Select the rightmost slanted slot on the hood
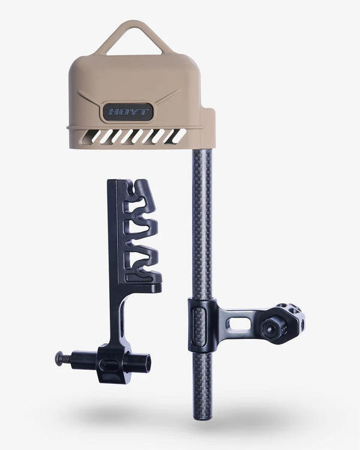coord(178,137)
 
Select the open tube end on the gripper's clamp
coord(146,362)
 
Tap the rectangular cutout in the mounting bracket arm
coord(241,325)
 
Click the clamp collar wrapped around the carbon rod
coord(201,325)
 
